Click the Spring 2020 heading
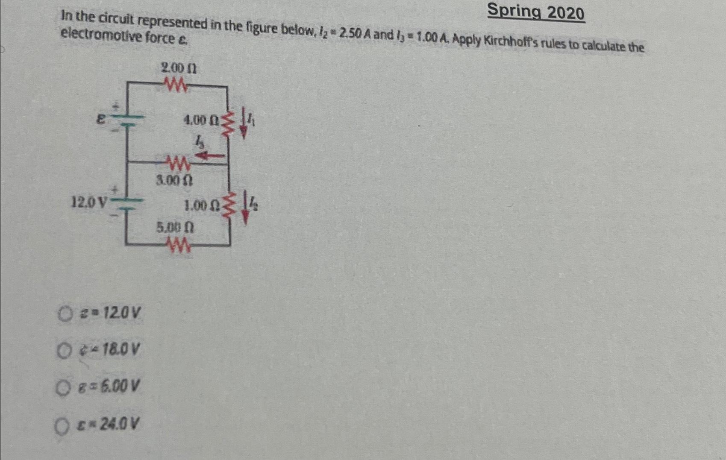tap(536, 12)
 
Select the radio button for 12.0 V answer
tap(65, 315)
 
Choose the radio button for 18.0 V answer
tap(64, 351)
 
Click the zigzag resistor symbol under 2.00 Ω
tap(176, 86)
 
